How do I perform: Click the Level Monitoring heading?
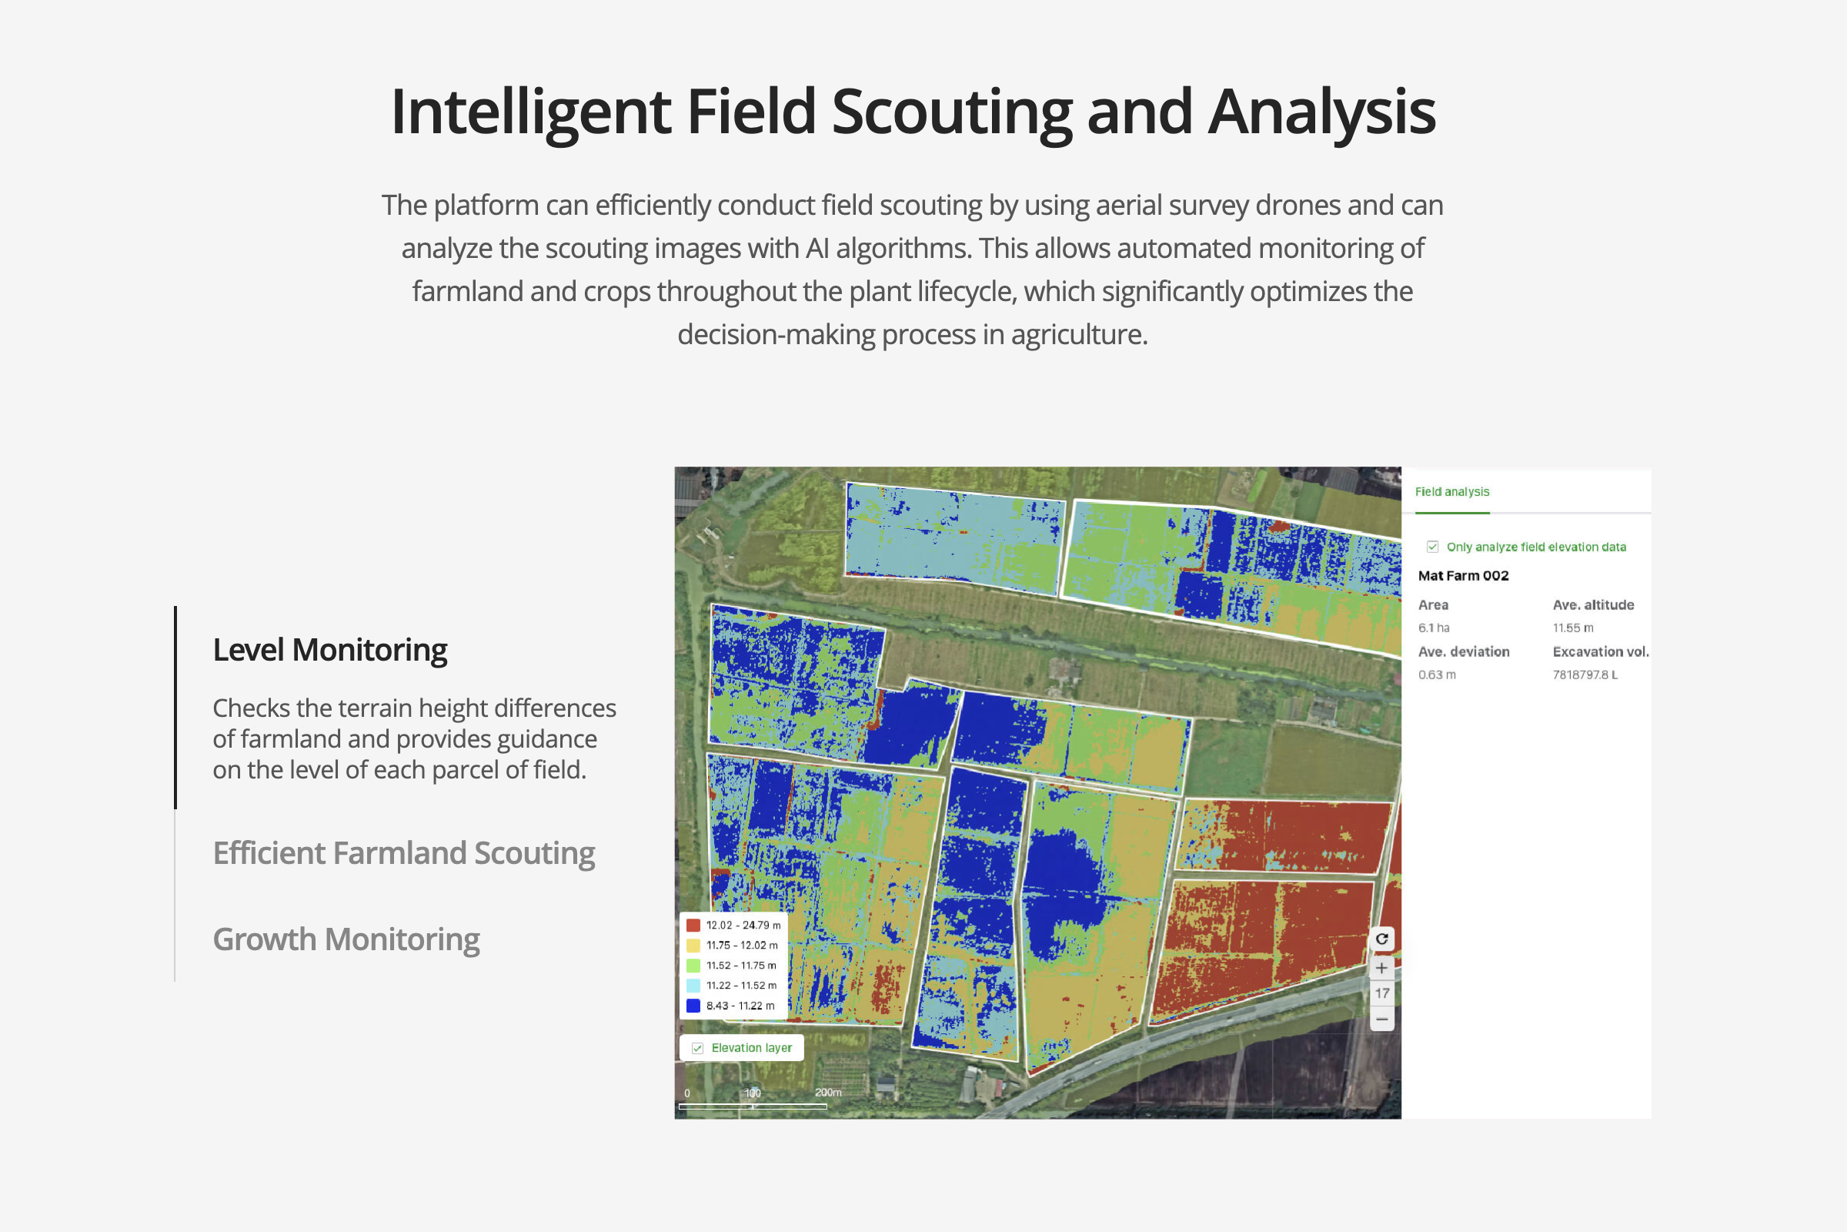(330, 651)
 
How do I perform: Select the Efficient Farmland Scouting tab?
(403, 854)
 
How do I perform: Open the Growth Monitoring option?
(346, 939)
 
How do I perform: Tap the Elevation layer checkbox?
(697, 1048)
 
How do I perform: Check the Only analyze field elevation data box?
(1432, 547)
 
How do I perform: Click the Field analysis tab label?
(1452, 492)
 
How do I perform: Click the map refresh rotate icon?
(1381, 939)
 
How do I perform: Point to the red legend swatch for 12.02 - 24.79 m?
(693, 926)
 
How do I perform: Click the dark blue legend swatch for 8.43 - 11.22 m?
(693, 1006)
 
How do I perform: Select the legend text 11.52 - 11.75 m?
(741, 966)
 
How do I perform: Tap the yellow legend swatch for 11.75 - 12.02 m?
(693, 946)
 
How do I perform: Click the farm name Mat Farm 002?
(1463, 576)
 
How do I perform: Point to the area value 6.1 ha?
(1434, 628)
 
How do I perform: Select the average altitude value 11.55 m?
(1573, 628)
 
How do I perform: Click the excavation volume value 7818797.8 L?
(1585, 675)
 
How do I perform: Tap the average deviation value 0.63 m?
(1437, 675)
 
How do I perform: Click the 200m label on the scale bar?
(828, 1092)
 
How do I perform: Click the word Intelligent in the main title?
(530, 112)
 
